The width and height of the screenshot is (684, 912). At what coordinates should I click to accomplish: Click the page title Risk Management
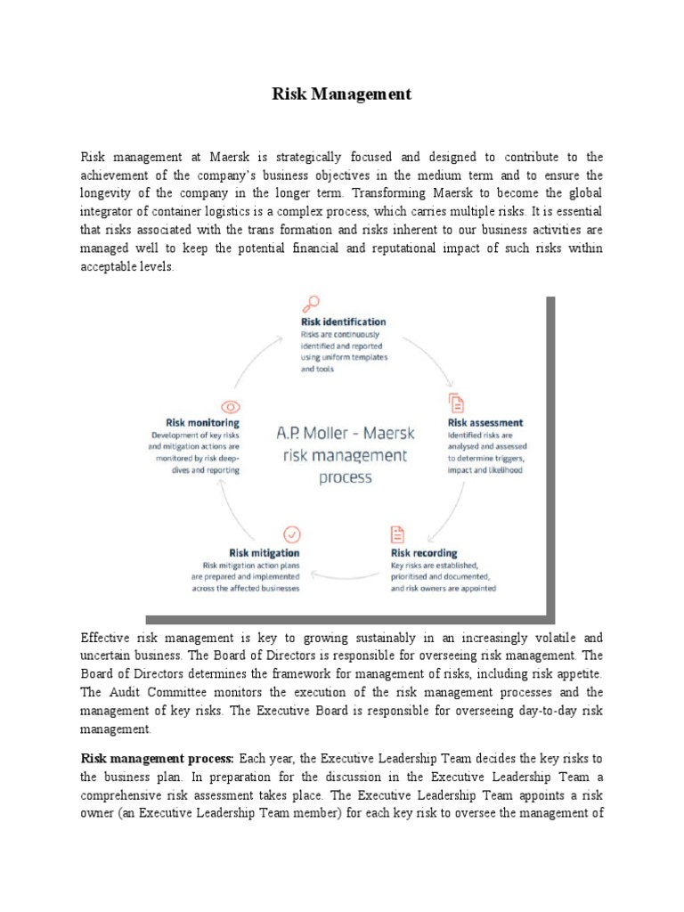tap(342, 94)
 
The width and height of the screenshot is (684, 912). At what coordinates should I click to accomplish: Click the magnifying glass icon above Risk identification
tap(311, 305)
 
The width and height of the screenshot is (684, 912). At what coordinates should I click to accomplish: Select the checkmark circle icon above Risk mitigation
tap(291, 534)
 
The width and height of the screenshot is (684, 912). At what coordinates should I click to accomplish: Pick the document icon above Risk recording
tap(397, 534)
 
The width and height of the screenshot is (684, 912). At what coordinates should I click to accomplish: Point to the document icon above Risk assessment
tap(456, 402)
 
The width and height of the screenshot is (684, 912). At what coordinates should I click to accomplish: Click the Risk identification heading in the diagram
tap(343, 322)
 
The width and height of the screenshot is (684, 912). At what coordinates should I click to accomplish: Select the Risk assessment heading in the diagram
tap(484, 422)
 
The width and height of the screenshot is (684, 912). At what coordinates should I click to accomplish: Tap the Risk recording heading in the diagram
tap(424, 552)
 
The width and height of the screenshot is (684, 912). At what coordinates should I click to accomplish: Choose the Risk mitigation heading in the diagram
tap(265, 552)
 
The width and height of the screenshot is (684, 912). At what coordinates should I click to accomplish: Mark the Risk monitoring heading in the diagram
tap(202, 422)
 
